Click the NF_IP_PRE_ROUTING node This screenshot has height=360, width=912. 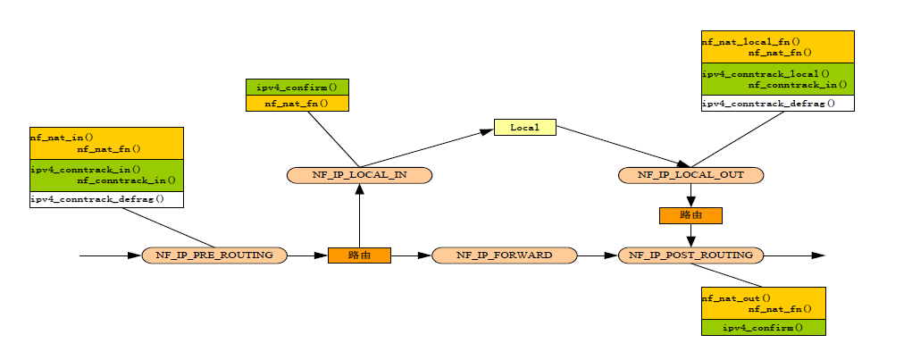click(214, 255)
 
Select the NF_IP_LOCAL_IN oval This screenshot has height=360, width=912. click(359, 175)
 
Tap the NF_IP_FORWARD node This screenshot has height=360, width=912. click(505, 255)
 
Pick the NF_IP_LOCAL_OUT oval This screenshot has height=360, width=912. click(690, 175)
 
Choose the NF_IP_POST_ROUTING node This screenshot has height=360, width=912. click(690, 255)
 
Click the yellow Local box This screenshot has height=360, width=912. click(525, 128)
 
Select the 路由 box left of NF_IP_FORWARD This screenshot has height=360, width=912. click(359, 255)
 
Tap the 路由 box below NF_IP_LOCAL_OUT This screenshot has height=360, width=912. click(690, 215)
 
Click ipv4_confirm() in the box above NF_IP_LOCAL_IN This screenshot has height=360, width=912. click(297, 88)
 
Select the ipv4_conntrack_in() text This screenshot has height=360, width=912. click(74, 169)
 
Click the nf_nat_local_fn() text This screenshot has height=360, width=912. click(750, 41)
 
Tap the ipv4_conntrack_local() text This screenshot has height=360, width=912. click(766, 73)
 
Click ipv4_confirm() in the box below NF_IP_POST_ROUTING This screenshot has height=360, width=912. click(763, 328)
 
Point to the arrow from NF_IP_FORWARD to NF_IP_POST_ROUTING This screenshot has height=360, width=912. click(598, 255)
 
